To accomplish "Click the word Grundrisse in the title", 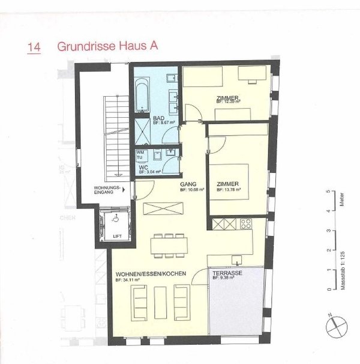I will tap(80, 47).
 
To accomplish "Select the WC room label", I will tap(143, 168).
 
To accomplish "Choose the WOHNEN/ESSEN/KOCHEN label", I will tap(151, 274).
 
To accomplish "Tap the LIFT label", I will tap(117, 236).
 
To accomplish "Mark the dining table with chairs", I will tap(168, 243).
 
